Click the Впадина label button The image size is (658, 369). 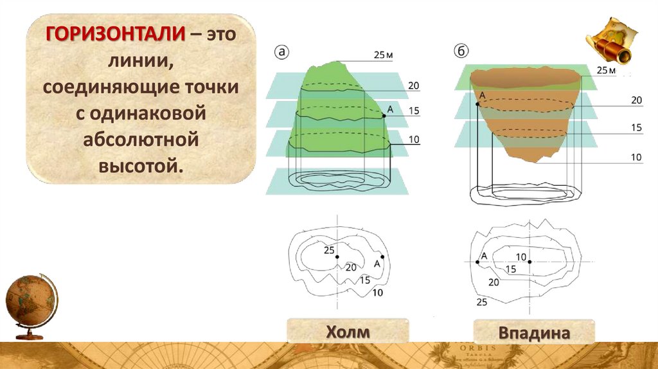click(534, 334)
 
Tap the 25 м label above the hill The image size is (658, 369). click(383, 55)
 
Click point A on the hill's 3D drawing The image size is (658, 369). click(384, 116)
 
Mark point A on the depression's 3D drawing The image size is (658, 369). click(477, 103)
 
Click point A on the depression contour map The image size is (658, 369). click(477, 262)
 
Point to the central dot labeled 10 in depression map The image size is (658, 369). click(530, 262)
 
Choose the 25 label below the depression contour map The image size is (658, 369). click(482, 301)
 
